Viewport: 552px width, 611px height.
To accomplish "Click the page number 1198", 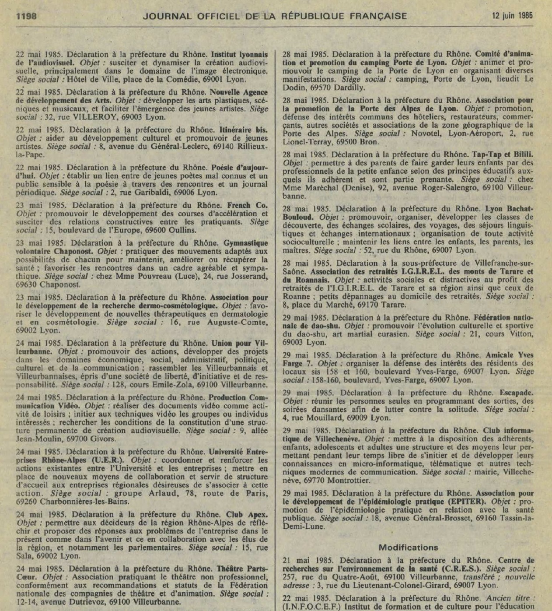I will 26,16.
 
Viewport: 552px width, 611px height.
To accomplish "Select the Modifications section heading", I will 408,548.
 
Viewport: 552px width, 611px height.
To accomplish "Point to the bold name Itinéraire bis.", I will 243,130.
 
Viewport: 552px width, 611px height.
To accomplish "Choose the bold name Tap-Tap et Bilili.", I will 502,155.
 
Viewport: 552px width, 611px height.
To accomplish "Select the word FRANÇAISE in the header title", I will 378,16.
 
